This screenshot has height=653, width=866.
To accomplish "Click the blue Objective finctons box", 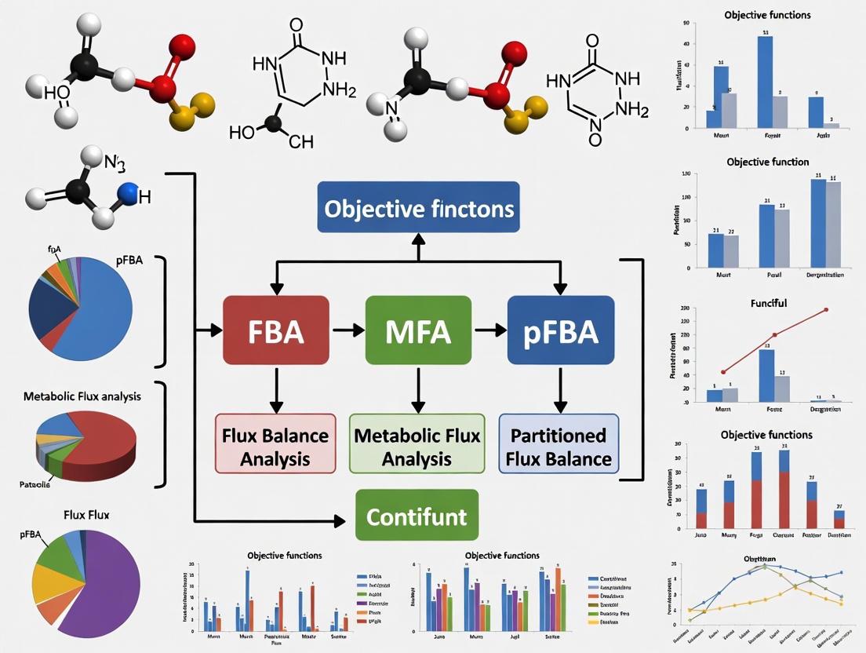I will click(x=418, y=207).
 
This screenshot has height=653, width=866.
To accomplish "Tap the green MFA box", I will click(x=417, y=330).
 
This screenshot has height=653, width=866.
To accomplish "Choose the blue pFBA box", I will click(x=560, y=330).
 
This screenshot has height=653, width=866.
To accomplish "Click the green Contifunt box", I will click(x=417, y=516).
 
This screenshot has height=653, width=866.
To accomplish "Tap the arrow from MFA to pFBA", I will click(x=490, y=330).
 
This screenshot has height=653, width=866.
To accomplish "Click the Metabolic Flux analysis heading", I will click(x=82, y=396).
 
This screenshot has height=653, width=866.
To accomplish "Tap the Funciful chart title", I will click(x=768, y=302).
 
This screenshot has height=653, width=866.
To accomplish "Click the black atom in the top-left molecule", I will click(x=81, y=69).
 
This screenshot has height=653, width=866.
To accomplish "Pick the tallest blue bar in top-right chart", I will click(x=765, y=82).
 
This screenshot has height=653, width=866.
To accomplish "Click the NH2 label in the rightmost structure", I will click(x=632, y=110).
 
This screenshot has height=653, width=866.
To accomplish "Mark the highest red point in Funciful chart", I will click(x=826, y=309).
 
